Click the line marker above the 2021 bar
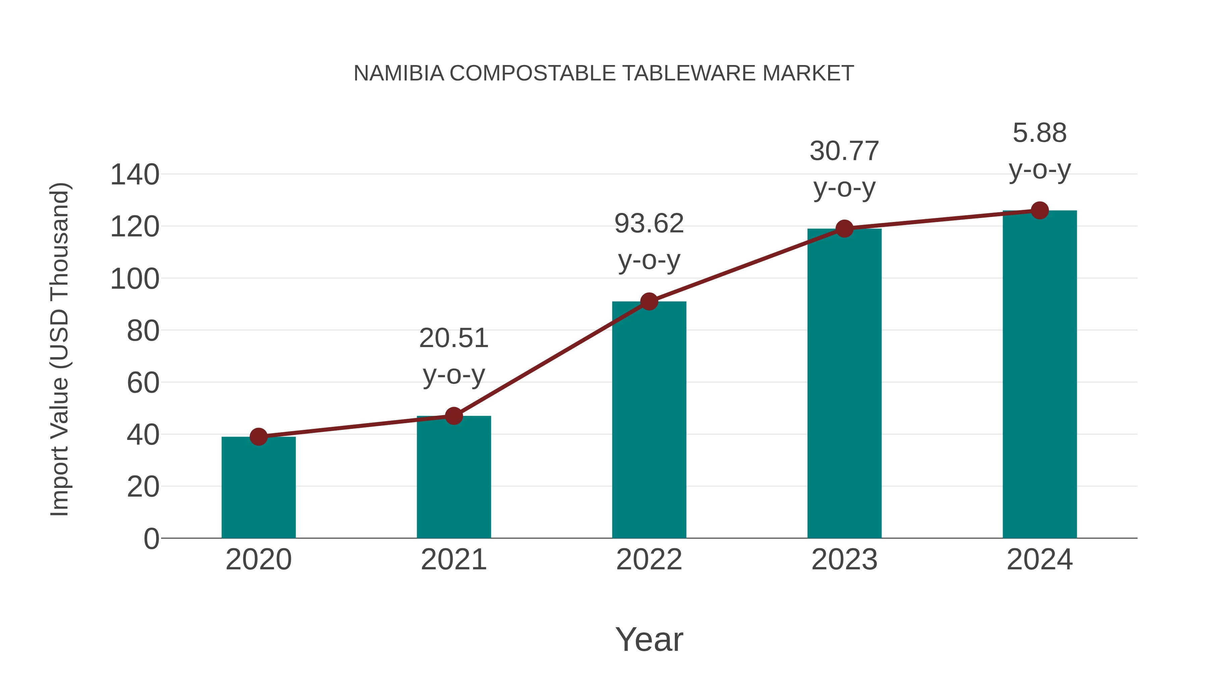(x=453, y=416)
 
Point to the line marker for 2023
(x=844, y=229)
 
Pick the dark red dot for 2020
(x=258, y=437)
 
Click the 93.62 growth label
(x=649, y=224)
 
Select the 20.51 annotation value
(x=453, y=338)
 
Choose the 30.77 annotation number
(x=844, y=151)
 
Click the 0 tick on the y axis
(x=151, y=539)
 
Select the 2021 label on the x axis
(x=453, y=560)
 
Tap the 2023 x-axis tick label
(x=844, y=560)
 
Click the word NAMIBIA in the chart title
(x=399, y=73)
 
